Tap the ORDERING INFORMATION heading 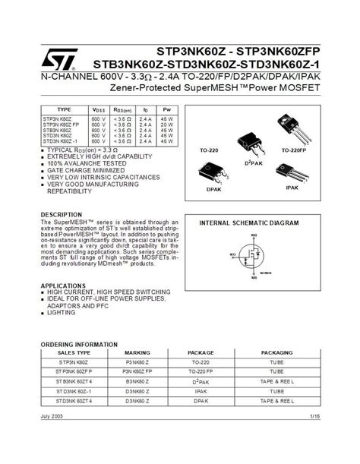point(79,343)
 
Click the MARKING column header point(137,352)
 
